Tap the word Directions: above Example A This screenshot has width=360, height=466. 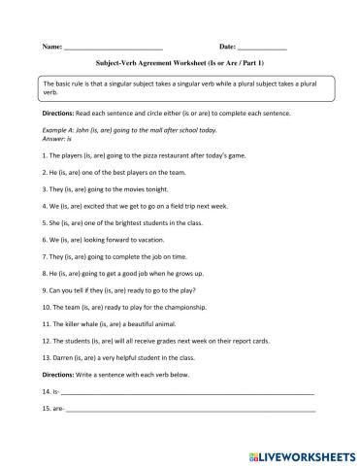[x=59, y=113]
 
